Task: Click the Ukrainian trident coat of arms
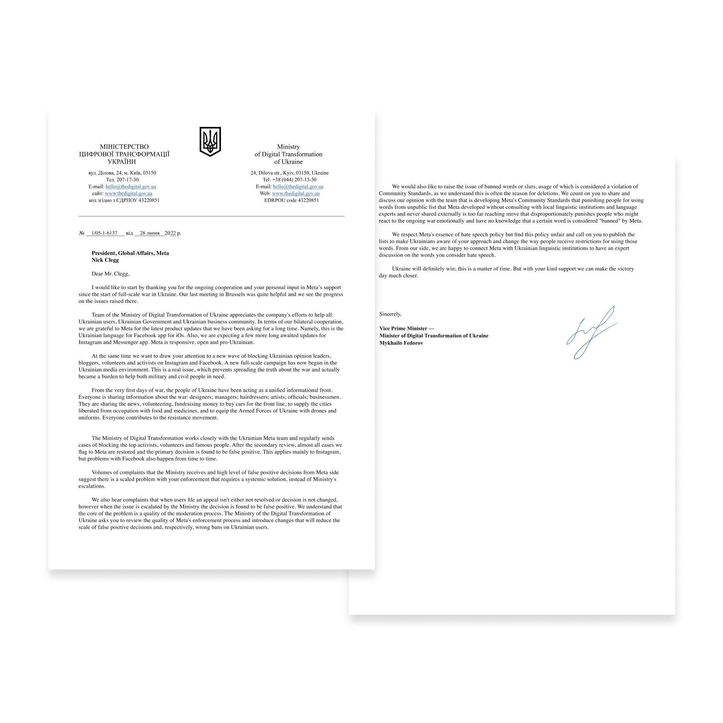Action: click(210, 142)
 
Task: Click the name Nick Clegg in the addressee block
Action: click(105, 260)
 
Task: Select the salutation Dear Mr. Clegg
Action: click(110, 274)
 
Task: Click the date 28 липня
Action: click(150, 233)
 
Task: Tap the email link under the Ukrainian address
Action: click(131, 187)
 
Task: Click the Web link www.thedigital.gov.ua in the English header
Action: click(296, 193)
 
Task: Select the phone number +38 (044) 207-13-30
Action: click(294, 180)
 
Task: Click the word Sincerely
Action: click(390, 314)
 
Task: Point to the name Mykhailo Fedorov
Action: click(401, 343)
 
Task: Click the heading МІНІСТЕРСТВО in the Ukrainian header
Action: click(124, 147)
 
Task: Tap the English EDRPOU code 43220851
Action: click(292, 200)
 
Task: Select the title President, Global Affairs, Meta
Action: click(130, 253)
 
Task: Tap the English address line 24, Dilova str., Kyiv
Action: click(289, 173)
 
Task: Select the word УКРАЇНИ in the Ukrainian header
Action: click(122, 162)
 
